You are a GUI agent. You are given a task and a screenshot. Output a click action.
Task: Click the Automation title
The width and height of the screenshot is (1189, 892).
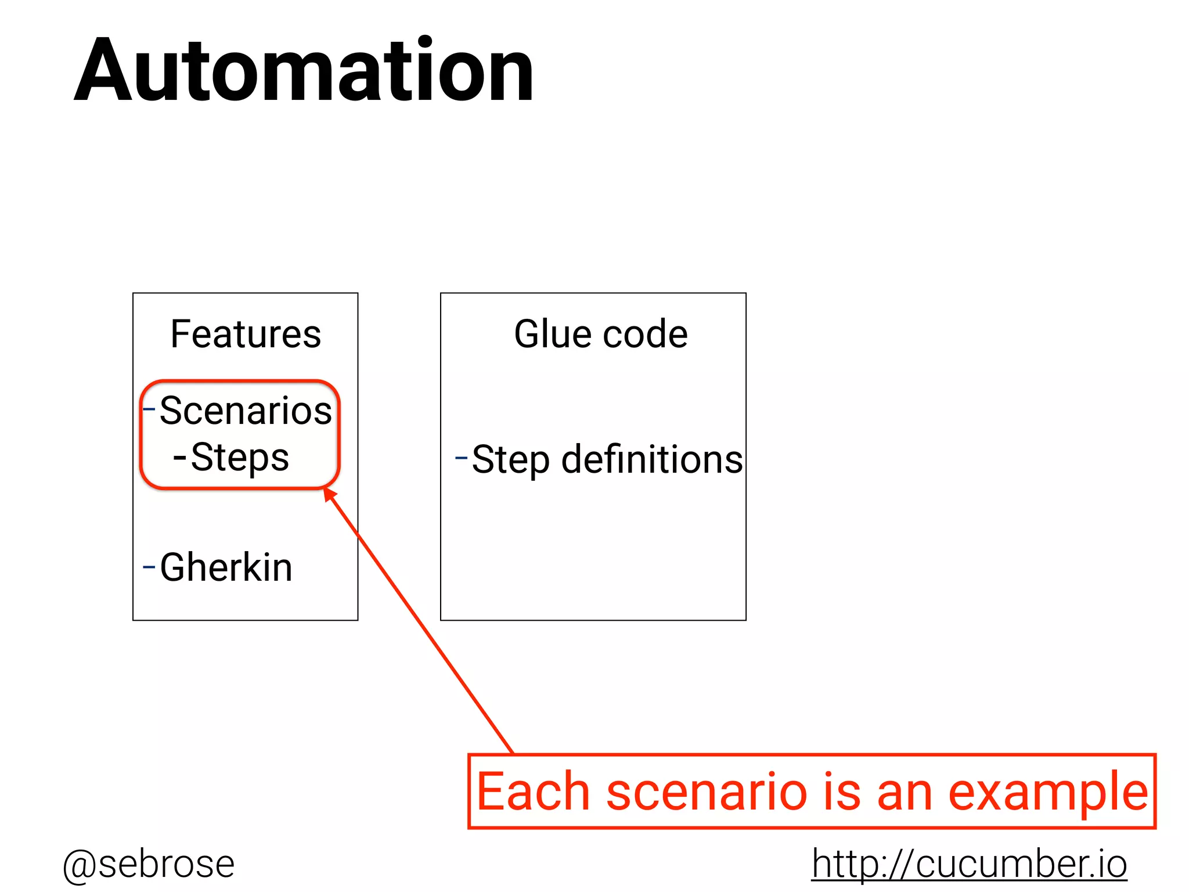(x=304, y=71)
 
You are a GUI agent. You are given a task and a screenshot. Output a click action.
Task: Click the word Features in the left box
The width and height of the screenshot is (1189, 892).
(x=246, y=334)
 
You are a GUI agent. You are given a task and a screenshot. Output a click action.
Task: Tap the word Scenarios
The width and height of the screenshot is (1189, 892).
(x=246, y=411)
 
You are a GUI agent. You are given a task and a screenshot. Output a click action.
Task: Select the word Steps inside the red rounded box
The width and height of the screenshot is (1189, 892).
(x=240, y=458)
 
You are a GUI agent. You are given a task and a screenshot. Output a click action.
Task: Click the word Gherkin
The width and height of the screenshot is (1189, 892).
(x=226, y=567)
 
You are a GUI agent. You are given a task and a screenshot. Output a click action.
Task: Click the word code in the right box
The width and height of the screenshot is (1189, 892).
(x=645, y=335)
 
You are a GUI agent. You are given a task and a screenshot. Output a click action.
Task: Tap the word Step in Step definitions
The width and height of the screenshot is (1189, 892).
(x=510, y=460)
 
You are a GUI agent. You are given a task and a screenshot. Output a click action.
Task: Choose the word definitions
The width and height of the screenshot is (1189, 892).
(x=651, y=459)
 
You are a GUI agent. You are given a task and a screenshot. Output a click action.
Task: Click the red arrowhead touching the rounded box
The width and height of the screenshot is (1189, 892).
(x=330, y=494)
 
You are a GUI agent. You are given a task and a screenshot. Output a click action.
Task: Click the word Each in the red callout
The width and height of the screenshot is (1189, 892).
(x=533, y=792)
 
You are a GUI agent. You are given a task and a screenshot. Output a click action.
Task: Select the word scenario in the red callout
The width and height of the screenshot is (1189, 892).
(x=707, y=792)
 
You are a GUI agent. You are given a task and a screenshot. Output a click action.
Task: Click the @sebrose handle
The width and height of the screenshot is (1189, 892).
(x=149, y=864)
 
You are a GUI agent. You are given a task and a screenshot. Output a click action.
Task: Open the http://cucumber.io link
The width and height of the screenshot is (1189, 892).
(x=969, y=864)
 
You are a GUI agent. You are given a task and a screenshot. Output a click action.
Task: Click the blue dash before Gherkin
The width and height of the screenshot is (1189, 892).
(x=149, y=566)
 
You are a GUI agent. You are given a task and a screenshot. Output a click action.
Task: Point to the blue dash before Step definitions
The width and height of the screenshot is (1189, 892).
(x=462, y=458)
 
